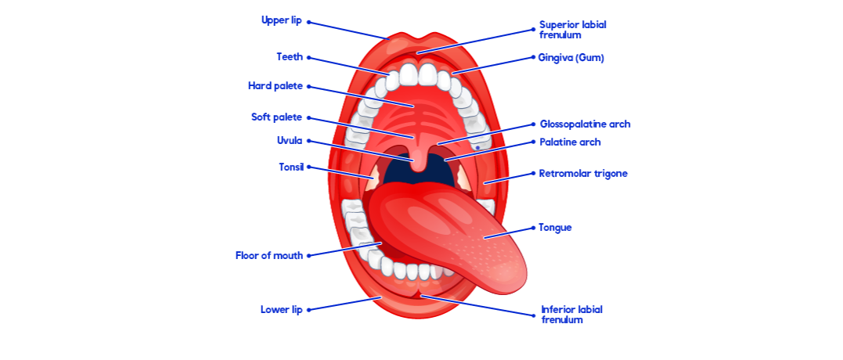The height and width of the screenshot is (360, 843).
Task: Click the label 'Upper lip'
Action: point(281,20)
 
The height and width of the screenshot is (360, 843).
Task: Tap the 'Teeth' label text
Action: point(289,56)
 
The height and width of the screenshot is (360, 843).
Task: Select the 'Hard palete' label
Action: point(275,85)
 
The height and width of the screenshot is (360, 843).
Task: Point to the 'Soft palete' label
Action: point(276,117)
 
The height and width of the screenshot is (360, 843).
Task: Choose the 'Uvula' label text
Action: point(289,141)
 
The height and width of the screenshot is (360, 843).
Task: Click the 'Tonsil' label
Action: point(290,167)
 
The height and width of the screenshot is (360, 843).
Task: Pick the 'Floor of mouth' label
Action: point(268,255)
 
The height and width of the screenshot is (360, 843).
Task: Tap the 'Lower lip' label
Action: point(281,309)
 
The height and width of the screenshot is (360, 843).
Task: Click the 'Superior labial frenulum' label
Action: point(572,29)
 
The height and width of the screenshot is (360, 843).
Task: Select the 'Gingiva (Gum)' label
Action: point(571,57)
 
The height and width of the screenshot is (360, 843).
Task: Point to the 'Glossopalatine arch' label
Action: point(585,124)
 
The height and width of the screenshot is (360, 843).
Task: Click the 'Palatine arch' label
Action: point(570,142)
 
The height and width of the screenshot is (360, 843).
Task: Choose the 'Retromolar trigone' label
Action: point(582,173)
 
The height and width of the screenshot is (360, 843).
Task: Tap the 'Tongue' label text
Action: point(555,228)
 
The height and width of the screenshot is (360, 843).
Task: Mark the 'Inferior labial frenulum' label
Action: point(571,314)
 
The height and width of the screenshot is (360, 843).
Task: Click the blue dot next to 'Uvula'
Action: point(309,141)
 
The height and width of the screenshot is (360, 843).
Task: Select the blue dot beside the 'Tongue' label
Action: point(533,228)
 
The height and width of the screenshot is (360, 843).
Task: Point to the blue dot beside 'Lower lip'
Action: point(309,309)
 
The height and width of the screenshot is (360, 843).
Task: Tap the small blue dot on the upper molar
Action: point(477,147)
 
